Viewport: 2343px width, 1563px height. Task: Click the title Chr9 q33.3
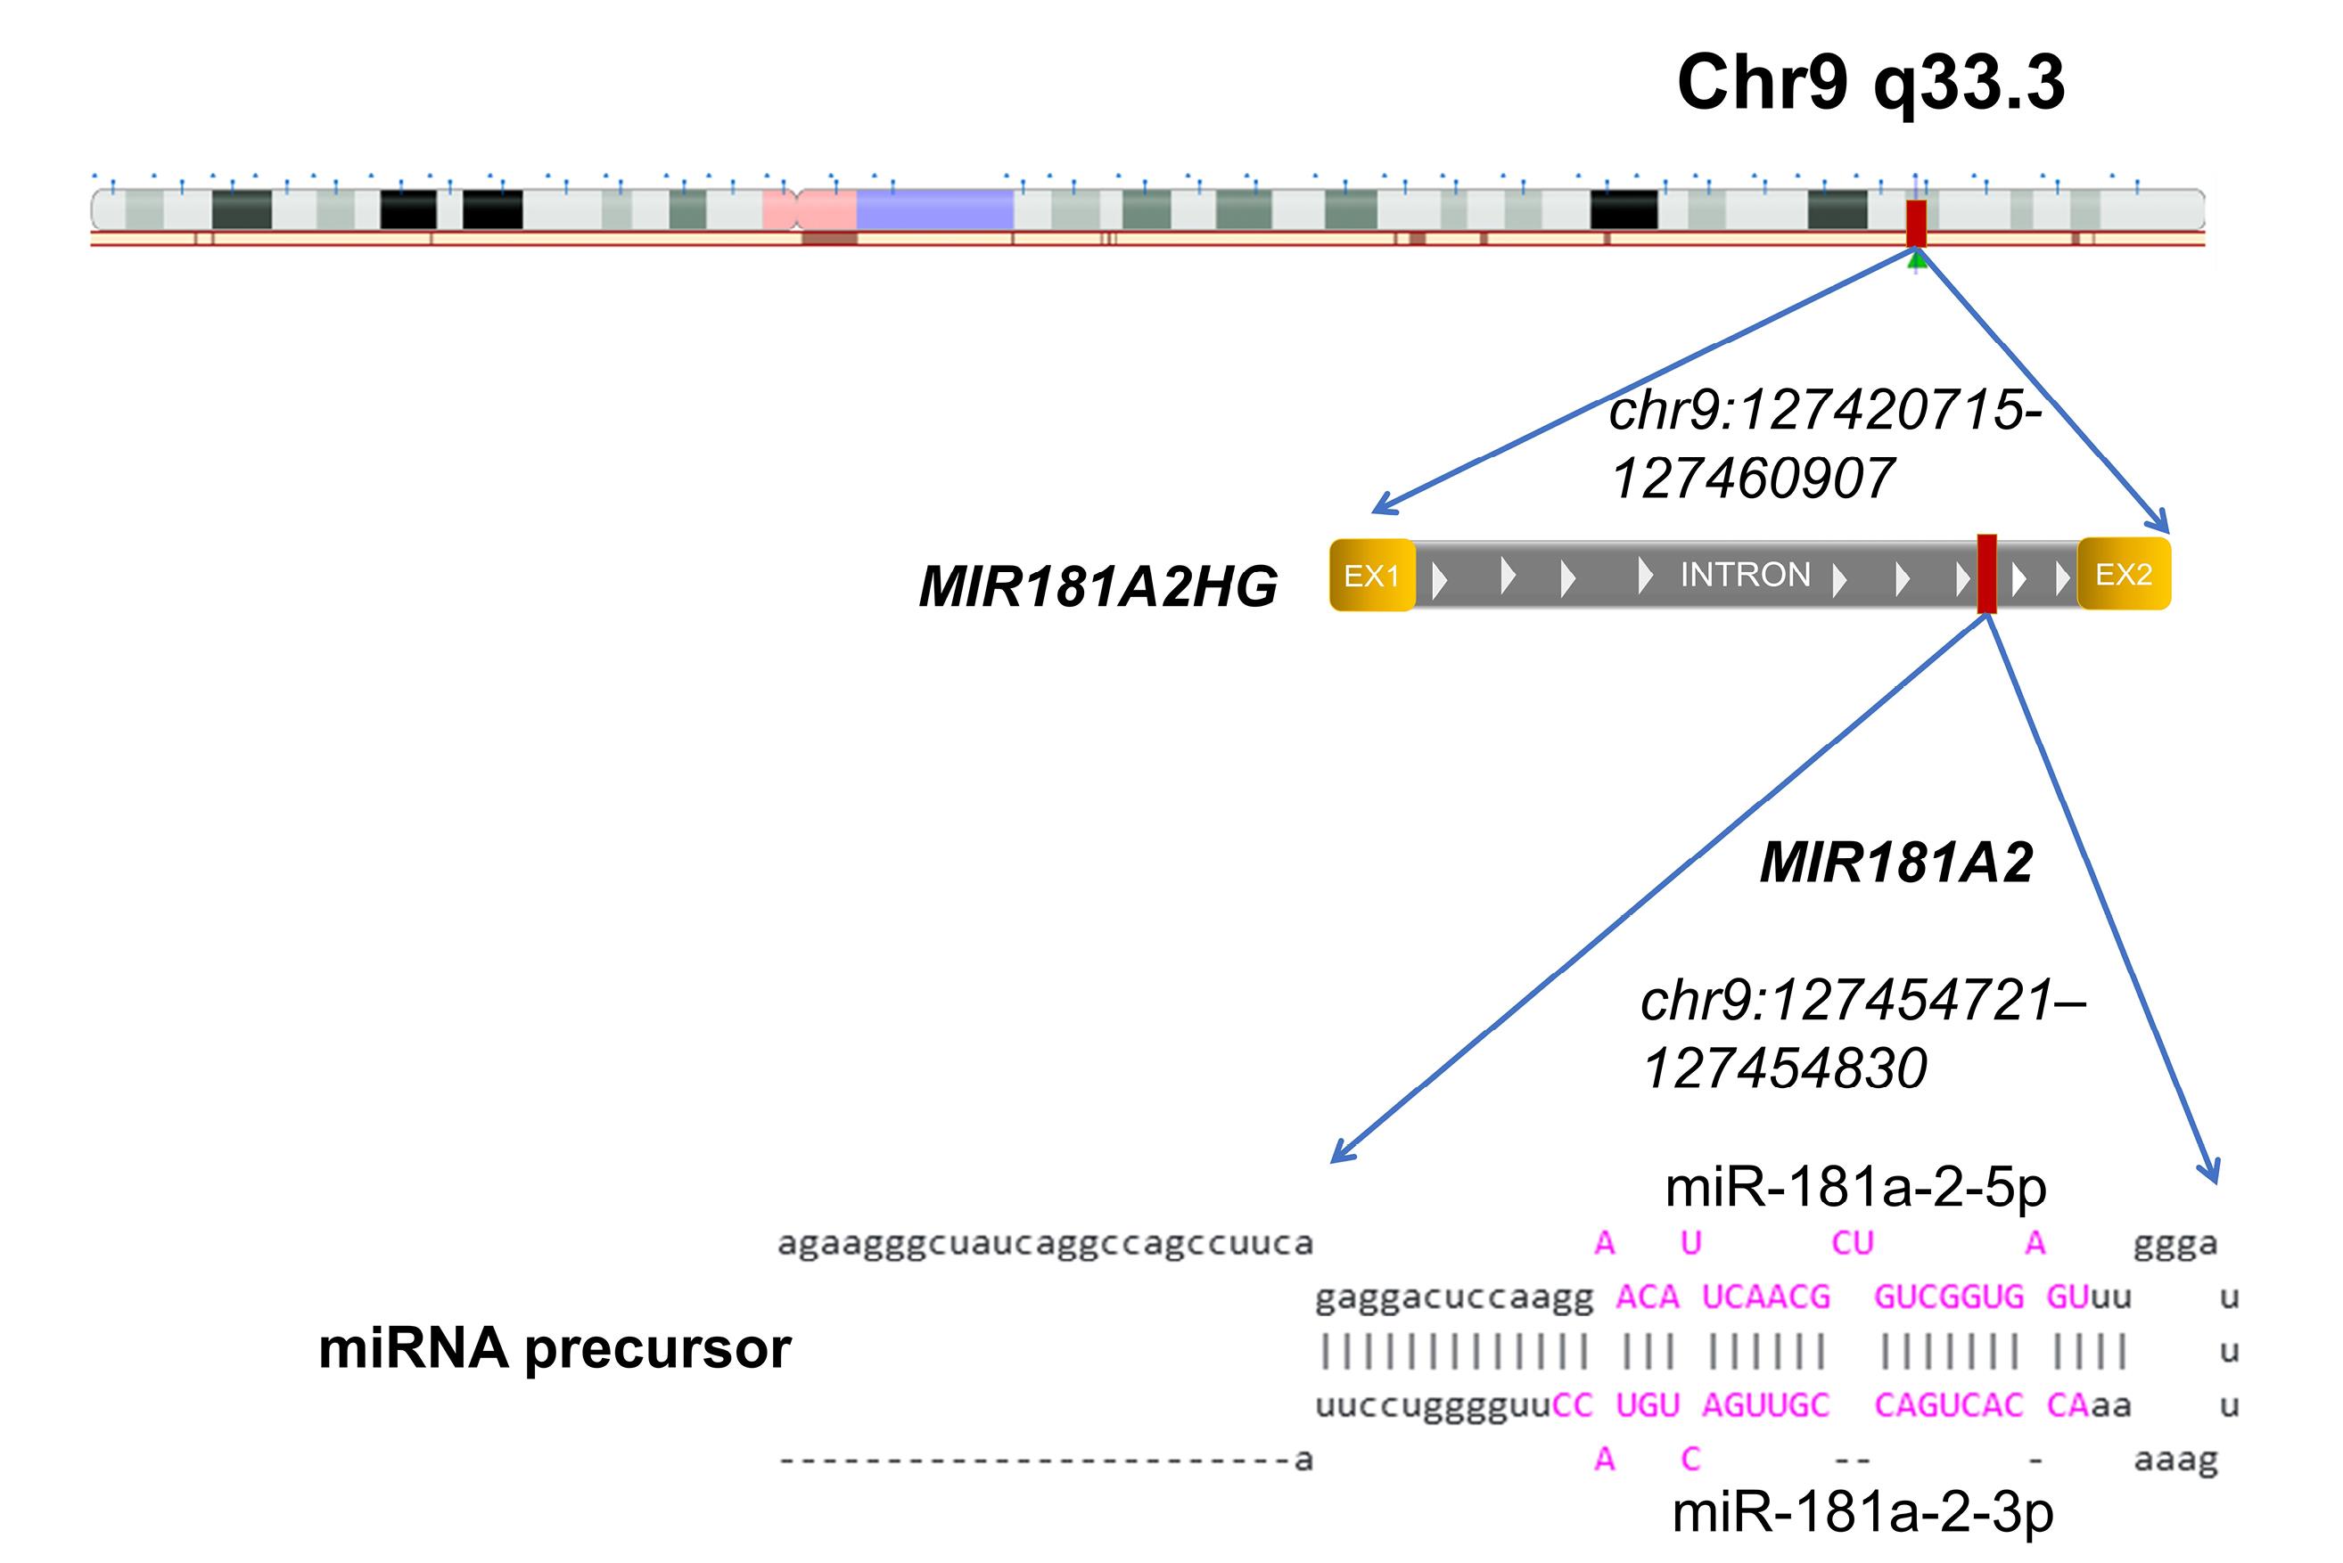[1870, 83]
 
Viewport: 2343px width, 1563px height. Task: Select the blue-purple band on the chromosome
[934, 209]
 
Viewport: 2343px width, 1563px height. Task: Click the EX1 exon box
[1372, 575]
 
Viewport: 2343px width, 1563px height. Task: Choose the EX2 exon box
[2124, 574]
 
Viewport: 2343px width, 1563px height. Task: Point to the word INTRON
[1745, 575]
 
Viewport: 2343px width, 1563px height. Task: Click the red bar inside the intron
[1986, 574]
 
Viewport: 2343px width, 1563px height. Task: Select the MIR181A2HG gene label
[1098, 586]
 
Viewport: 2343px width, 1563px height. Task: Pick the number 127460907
[1752, 479]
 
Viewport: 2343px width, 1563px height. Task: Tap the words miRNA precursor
[555, 1348]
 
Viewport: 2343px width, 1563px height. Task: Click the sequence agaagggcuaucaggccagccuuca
[1045, 1244]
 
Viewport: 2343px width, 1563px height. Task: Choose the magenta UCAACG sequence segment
[1766, 1297]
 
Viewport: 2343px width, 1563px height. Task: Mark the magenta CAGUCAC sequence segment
[1948, 1405]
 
